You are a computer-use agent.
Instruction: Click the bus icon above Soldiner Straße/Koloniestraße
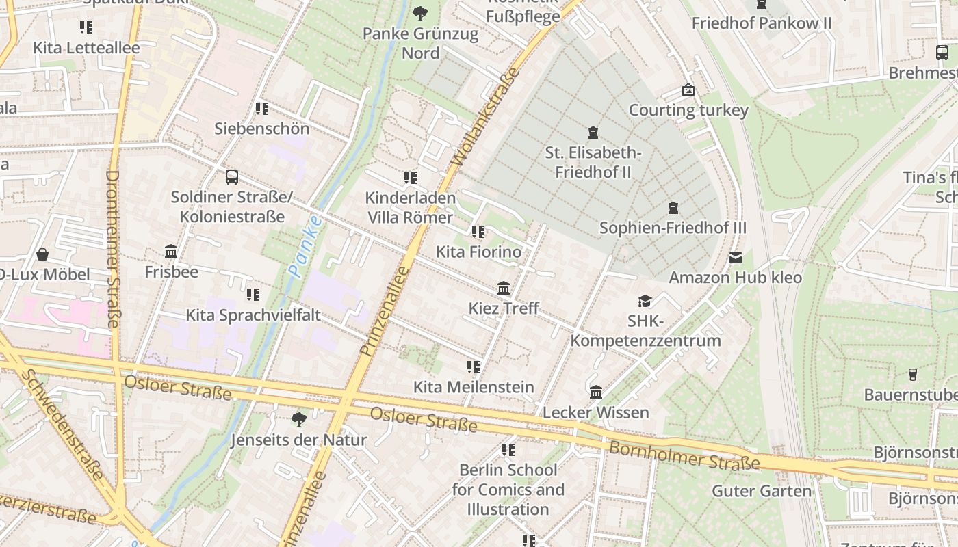(x=232, y=177)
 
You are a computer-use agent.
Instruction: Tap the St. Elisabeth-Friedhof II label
(x=593, y=162)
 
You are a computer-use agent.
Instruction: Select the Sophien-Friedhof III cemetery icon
(x=673, y=207)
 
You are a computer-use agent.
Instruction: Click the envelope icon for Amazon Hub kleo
(x=735, y=258)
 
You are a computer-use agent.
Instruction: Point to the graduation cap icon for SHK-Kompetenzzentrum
(x=645, y=301)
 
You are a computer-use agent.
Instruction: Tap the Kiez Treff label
(x=504, y=308)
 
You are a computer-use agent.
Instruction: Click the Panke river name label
(x=305, y=246)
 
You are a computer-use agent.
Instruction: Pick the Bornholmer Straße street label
(x=684, y=455)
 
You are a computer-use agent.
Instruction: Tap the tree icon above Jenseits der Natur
(x=298, y=419)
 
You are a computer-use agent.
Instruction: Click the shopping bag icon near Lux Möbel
(x=42, y=254)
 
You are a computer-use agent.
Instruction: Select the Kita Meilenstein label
(x=474, y=387)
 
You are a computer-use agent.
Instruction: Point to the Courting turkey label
(x=688, y=110)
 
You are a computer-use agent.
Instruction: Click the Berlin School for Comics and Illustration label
(x=508, y=490)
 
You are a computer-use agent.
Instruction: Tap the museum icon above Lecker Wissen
(x=596, y=392)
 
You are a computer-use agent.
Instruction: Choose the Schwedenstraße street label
(x=62, y=425)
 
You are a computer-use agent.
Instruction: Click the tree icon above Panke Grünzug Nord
(x=420, y=13)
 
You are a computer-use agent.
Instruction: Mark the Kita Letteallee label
(x=86, y=48)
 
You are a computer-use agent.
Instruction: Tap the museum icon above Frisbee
(x=171, y=252)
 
